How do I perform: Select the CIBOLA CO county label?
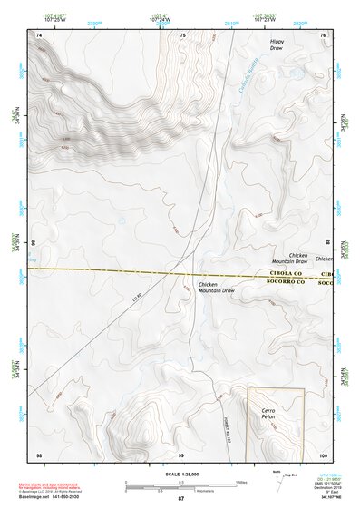pos(288,272)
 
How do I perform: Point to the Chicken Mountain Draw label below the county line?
pos(214,289)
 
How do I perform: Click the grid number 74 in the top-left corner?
pos(38,34)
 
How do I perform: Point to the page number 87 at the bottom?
pos(180,499)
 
